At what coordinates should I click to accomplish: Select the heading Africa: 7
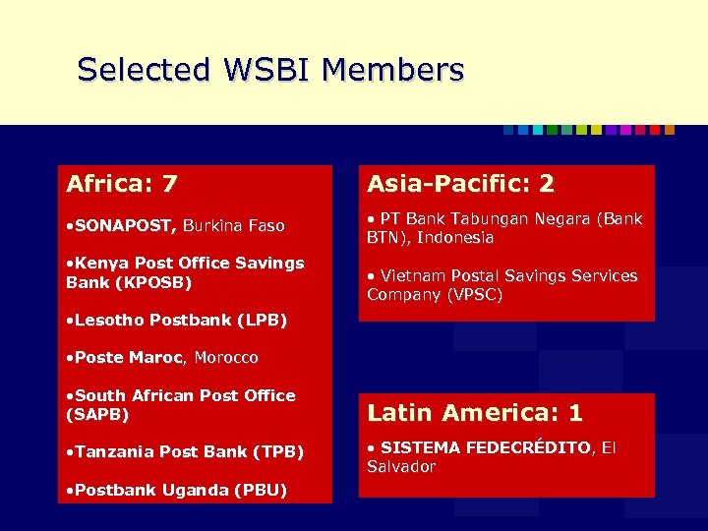[122, 184]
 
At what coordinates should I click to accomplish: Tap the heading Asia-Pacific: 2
[460, 184]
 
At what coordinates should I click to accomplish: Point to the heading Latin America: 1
[475, 413]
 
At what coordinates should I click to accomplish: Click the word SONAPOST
[125, 226]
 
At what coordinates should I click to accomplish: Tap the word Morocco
[226, 358]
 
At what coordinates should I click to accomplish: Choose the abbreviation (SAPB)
[97, 414]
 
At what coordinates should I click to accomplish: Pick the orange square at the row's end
[670, 130]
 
